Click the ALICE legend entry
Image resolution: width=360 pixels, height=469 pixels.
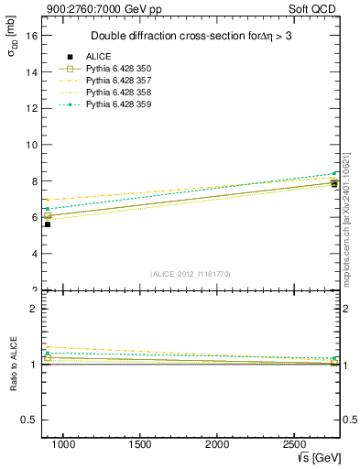(x=98, y=56)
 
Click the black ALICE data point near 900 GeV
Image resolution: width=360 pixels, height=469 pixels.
(x=48, y=224)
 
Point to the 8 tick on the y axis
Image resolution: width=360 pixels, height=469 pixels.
(x=33, y=180)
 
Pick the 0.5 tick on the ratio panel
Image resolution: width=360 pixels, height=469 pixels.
(x=28, y=420)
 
